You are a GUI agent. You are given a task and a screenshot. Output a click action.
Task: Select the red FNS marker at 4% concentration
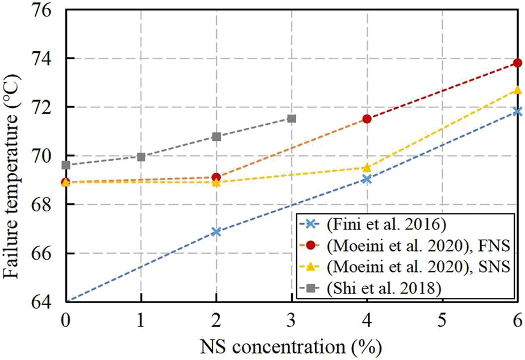(367, 119)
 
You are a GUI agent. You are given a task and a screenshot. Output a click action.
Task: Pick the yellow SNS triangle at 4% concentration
(367, 168)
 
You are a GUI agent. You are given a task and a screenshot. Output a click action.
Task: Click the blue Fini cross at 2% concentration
(216, 232)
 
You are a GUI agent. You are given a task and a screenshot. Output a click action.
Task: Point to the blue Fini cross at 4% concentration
(367, 179)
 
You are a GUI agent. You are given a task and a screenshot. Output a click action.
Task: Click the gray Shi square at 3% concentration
(292, 118)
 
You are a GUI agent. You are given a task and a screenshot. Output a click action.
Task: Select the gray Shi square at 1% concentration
(141, 157)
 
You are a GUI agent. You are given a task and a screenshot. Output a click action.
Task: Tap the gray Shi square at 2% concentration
(216, 136)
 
